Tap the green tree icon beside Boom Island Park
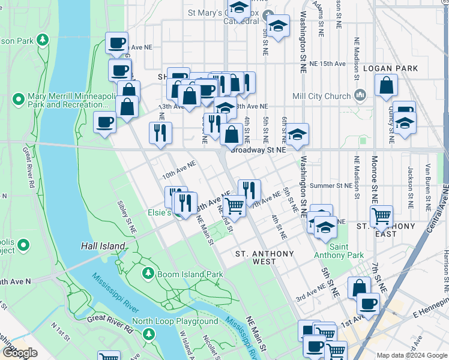click(x=148, y=274)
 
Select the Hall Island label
click(x=103, y=246)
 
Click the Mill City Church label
click(x=321, y=96)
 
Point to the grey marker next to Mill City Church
click(x=360, y=95)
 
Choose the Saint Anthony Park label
click(x=347, y=251)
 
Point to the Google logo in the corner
click(x=20, y=353)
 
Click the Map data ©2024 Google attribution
click(x=411, y=355)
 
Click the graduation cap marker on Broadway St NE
click(x=297, y=135)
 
